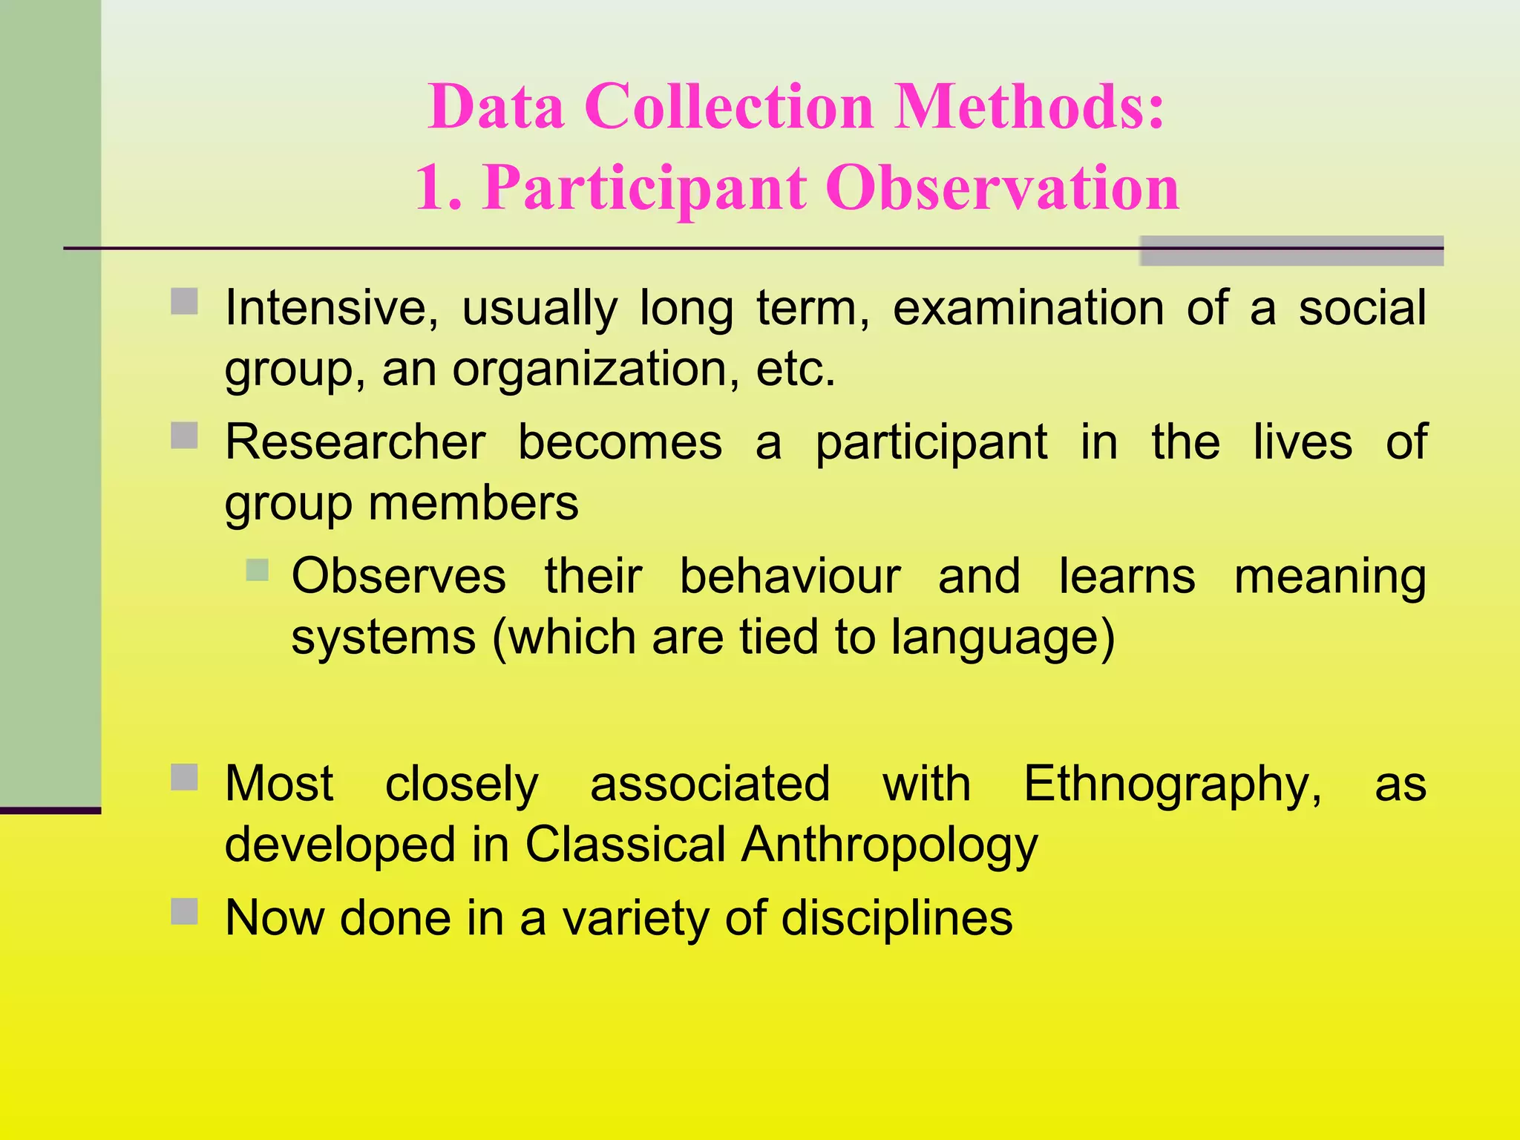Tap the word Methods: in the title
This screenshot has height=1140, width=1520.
point(1029,107)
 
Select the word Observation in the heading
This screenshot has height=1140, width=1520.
point(1002,189)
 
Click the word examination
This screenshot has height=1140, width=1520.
point(1028,309)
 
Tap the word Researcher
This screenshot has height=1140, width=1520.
point(356,442)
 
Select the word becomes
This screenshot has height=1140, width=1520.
point(620,442)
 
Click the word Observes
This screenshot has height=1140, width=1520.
point(399,577)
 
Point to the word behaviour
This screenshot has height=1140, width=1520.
point(790,577)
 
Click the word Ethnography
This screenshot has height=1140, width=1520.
point(1173,785)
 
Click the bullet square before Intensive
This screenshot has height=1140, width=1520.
point(184,302)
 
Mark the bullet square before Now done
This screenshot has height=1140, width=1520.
point(184,911)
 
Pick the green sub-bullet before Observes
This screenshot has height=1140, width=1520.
point(257,570)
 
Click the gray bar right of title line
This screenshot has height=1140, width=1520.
point(1291,251)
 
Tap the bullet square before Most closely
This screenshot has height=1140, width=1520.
point(184,778)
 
